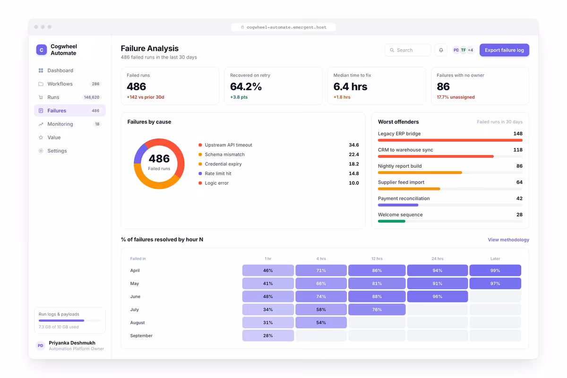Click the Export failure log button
coord(504,50)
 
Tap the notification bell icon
coord(441,50)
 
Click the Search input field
coord(407,50)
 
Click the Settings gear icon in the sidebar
coord(41,151)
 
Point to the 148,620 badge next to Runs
coord(92,97)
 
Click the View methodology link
coord(508,240)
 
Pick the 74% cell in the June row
coord(321,296)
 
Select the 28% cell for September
coord(268,335)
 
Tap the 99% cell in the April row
coord(495,270)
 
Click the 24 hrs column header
coord(438,258)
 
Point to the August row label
coord(137,323)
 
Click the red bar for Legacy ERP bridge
coord(450,140)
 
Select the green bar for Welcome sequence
coord(392,221)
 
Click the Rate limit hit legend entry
coord(215,173)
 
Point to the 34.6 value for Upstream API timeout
coord(353,145)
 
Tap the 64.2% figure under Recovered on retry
coord(246,86)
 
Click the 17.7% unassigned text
coord(455,97)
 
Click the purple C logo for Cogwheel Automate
coord(42,50)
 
